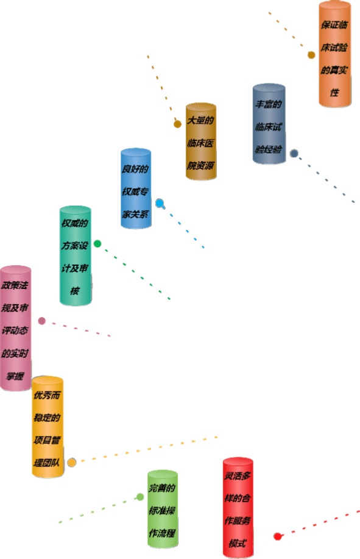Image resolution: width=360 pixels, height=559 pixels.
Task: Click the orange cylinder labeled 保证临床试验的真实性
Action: pyautogui.click(x=334, y=54)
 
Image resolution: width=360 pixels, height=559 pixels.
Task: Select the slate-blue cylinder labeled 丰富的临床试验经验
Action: pyautogui.click(x=269, y=124)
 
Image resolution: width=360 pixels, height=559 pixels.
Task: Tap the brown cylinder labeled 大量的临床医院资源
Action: pyautogui.click(x=201, y=141)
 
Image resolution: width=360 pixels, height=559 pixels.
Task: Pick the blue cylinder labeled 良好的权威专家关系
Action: pyautogui.click(x=136, y=188)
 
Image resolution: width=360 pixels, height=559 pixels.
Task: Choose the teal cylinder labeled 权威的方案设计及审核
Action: pyautogui.click(x=75, y=255)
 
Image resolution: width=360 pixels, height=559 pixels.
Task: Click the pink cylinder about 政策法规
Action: pyautogui.click(x=15, y=328)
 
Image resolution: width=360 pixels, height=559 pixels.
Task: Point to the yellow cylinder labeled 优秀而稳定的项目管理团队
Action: pyautogui.click(x=48, y=426)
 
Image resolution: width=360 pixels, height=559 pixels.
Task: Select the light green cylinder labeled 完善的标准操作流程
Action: pyautogui.click(x=163, y=509)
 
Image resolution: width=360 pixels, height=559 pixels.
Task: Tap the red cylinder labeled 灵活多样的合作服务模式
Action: pyautogui.click(x=238, y=508)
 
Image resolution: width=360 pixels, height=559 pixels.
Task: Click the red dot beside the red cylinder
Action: pyautogui.click(x=278, y=536)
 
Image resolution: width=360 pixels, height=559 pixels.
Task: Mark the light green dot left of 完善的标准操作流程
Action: pyautogui.click(x=140, y=497)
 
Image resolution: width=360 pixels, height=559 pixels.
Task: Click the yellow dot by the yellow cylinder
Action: pyautogui.click(x=71, y=463)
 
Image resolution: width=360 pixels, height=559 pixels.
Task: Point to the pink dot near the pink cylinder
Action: pyautogui.click(x=41, y=321)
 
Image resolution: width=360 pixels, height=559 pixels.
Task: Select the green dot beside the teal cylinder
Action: pyautogui.click(x=97, y=244)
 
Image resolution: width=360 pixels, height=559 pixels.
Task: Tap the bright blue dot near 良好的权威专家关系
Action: pyautogui.click(x=160, y=203)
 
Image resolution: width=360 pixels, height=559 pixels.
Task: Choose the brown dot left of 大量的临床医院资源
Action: pyautogui.click(x=177, y=124)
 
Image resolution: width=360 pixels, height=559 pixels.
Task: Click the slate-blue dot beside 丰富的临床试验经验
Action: pyautogui.click(x=294, y=153)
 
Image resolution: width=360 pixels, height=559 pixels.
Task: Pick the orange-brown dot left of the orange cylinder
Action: pyautogui.click(x=311, y=55)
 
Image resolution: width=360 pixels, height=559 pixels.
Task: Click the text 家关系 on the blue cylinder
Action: pyautogui.click(x=135, y=214)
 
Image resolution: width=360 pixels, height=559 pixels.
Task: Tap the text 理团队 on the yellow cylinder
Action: pyautogui.click(x=47, y=463)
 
